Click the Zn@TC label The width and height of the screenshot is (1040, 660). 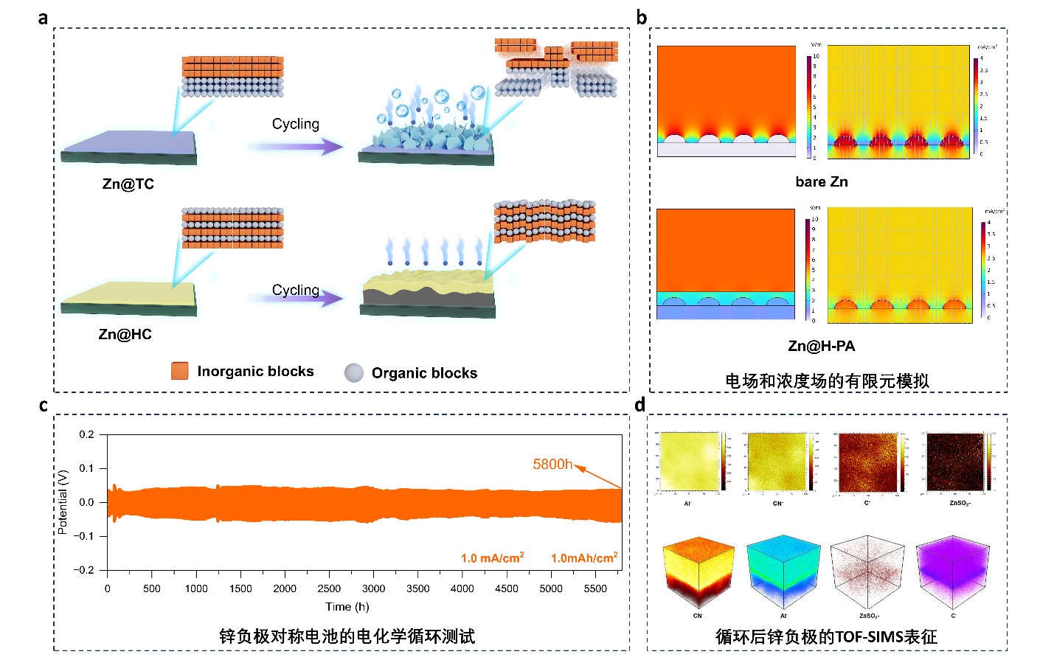click(128, 184)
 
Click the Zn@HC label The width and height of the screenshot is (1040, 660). click(125, 334)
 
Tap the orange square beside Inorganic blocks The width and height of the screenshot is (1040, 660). click(179, 371)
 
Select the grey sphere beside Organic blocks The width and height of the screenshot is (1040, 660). click(354, 372)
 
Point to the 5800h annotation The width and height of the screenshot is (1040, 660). click(552, 464)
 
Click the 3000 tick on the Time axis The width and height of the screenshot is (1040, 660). click(373, 588)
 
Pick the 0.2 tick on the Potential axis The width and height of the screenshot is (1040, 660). click(87, 434)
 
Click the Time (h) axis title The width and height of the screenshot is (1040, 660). click(347, 607)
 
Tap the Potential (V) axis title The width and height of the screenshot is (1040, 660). click(63, 501)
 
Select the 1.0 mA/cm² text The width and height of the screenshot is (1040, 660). click(492, 557)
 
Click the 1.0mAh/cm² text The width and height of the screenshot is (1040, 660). click(583, 557)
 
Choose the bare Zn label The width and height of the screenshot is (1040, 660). click(822, 182)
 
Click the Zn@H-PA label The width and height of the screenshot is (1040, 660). click(822, 346)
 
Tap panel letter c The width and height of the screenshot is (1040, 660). click(44, 406)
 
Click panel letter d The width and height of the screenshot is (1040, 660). click(639, 405)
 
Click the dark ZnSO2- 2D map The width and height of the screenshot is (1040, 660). click(955, 462)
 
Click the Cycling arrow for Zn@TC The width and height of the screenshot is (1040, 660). click(295, 147)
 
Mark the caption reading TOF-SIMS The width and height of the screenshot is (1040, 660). click(826, 636)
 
